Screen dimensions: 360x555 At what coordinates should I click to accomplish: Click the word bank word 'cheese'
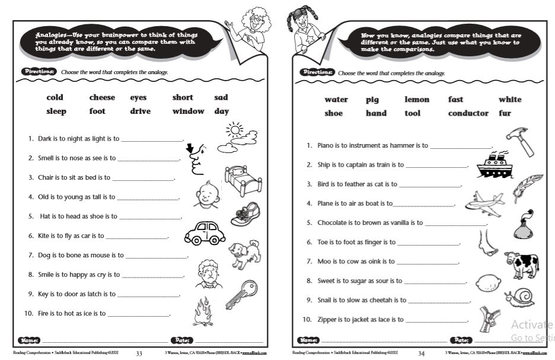coord(102,97)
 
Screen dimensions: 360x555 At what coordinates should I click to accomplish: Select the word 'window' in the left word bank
coord(188,111)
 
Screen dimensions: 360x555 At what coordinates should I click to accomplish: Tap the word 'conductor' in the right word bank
coord(468,113)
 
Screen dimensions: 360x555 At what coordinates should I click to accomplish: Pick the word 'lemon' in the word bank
coord(417,100)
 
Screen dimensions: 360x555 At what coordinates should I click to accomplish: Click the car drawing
coord(205,233)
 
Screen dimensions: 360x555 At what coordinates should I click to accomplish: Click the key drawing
coord(241,295)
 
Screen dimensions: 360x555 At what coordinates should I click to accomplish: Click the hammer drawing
coord(521,141)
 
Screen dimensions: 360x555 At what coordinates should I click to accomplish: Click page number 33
coord(139,354)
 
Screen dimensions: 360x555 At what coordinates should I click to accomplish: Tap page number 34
coord(421,354)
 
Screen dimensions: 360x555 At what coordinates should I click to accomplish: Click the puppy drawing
coord(244,254)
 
